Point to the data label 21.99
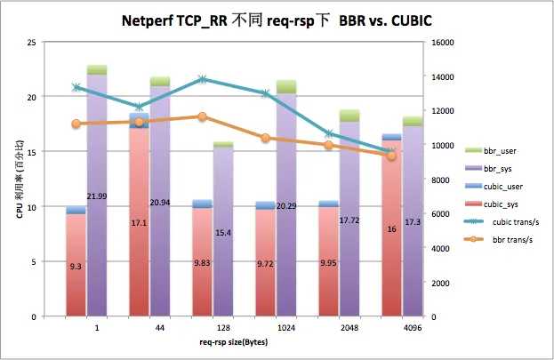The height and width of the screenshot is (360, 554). (97, 196)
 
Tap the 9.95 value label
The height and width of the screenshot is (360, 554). (329, 263)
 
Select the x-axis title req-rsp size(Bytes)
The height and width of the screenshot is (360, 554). (234, 341)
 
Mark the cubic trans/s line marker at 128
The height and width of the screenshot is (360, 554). (203, 79)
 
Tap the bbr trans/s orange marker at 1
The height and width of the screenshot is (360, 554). (76, 124)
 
